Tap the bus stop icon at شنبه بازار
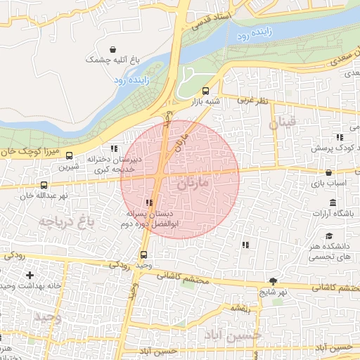coord(205,91)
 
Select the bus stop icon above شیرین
coord(69,156)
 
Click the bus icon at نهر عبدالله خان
coord(44,185)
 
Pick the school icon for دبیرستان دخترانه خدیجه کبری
coord(115,148)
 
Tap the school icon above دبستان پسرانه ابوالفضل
coord(148,202)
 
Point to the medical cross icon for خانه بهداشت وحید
coord(29,275)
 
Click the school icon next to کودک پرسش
coord(339,138)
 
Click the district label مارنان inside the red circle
coord(194,185)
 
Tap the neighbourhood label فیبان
coord(283,125)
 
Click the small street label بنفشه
coord(240,307)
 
